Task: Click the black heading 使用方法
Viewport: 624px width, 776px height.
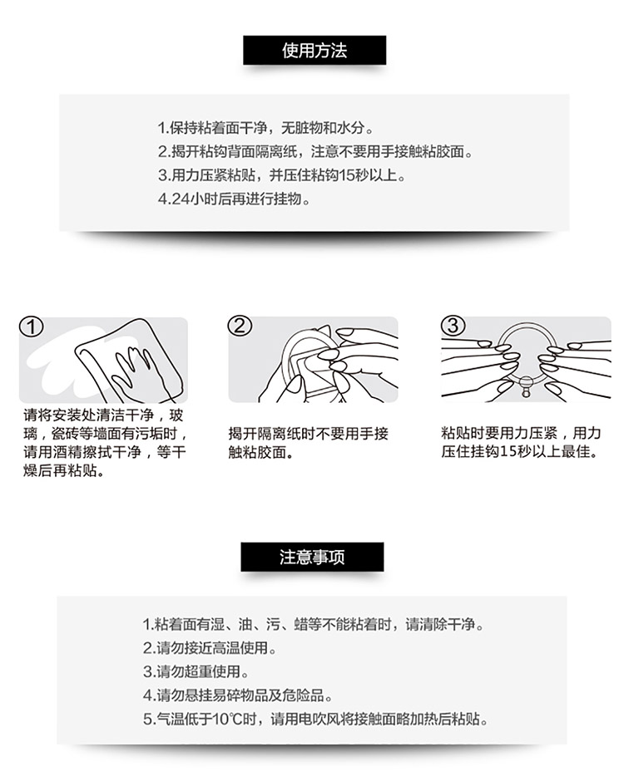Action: coord(314,50)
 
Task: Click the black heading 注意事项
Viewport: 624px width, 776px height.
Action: coord(312,557)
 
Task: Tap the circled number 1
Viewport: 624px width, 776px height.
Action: coord(32,327)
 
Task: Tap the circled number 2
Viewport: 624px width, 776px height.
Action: coord(240,327)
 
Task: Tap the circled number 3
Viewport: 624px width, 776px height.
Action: coord(453,327)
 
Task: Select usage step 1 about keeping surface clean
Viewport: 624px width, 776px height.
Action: coord(265,128)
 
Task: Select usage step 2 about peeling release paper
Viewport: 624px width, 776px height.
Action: coord(315,151)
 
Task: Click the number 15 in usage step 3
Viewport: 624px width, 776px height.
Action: coord(346,175)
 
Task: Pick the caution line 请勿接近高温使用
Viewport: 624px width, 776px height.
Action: coord(210,648)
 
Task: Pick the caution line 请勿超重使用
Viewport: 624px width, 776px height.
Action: coord(196,671)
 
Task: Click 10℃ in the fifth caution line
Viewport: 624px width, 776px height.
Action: coord(227,719)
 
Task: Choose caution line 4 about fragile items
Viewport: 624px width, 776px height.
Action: coord(237,695)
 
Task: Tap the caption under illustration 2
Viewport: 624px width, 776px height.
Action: coord(309,443)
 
